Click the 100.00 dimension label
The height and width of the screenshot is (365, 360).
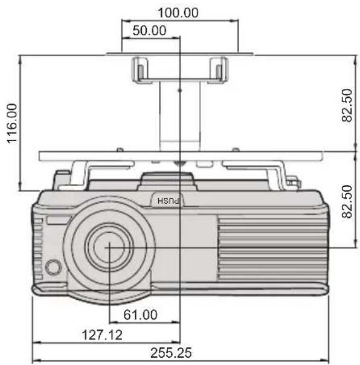[x=178, y=13]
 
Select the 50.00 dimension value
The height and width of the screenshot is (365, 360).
[x=149, y=30]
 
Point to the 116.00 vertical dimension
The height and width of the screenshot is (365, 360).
[x=12, y=123]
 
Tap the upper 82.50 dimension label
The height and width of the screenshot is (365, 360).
[x=347, y=105]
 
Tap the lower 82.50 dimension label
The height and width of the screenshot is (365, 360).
[x=347, y=202]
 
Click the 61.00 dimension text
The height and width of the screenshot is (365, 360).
[x=140, y=315]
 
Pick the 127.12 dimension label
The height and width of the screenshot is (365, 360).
[x=102, y=335]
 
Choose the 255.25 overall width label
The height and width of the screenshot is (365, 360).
[x=171, y=353]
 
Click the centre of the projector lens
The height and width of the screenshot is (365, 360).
[x=109, y=247]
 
